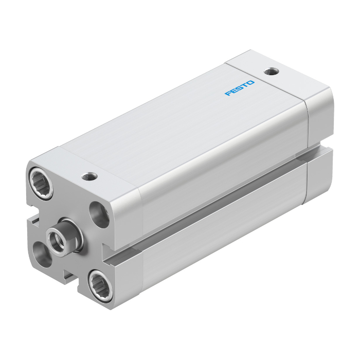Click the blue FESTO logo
[240, 88]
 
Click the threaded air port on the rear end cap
[272, 71]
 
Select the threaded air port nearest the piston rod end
[89, 176]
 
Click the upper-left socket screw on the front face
[41, 183]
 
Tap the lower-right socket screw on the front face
[100, 285]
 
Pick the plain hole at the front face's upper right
[99, 214]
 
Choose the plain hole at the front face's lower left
[42, 255]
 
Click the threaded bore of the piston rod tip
[56, 241]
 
